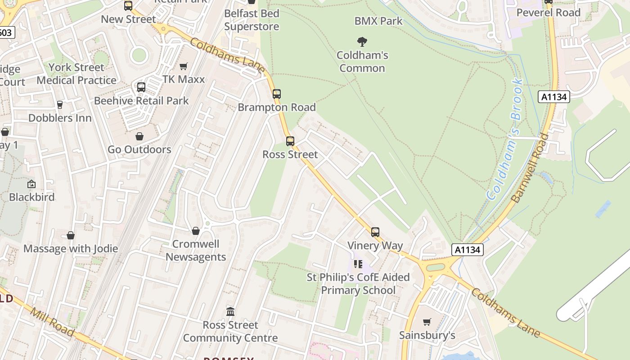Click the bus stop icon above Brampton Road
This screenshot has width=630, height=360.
coord(277,94)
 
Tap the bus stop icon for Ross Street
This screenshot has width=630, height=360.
coord(290,141)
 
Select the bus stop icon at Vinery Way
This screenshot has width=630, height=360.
coord(375,232)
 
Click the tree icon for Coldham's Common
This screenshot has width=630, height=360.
coord(362,42)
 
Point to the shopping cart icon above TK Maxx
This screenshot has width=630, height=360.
coord(183,67)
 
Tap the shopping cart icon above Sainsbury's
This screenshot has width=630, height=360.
coord(427,322)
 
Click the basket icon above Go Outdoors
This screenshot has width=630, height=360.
coord(139,136)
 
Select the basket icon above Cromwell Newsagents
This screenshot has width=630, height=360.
coord(196,231)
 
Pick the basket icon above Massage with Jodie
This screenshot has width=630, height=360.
coord(71,235)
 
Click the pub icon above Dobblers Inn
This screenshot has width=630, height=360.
coord(60,105)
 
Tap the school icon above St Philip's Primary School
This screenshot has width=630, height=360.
coord(358,264)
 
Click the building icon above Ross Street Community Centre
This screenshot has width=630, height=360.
coord(230,311)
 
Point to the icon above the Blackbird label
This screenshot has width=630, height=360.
coord(31,184)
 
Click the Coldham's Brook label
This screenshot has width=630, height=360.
coord(505,139)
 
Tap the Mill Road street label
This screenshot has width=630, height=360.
coord(53,321)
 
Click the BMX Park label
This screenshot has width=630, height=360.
coord(378,21)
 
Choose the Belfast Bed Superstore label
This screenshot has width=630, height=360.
coord(252,20)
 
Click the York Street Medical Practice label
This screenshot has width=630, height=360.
coord(76,74)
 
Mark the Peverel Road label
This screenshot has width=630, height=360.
coord(549,13)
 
